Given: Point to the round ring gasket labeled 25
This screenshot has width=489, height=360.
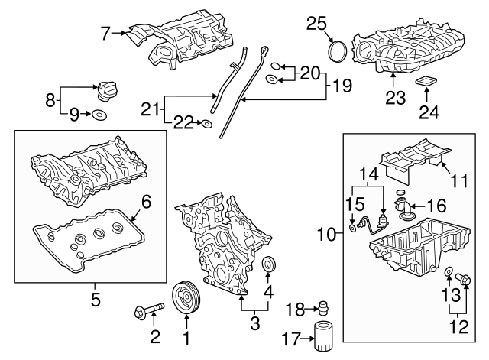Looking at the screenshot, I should (x=338, y=50).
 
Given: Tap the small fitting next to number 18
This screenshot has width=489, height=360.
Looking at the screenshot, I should (x=324, y=308).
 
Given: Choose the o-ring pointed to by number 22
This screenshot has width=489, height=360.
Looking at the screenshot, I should (x=206, y=122).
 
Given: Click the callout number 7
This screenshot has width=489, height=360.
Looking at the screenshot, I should (x=105, y=32).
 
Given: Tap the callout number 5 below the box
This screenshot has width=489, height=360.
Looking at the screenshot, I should (x=96, y=300).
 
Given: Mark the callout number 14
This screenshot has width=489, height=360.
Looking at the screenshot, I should (x=368, y=175).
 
